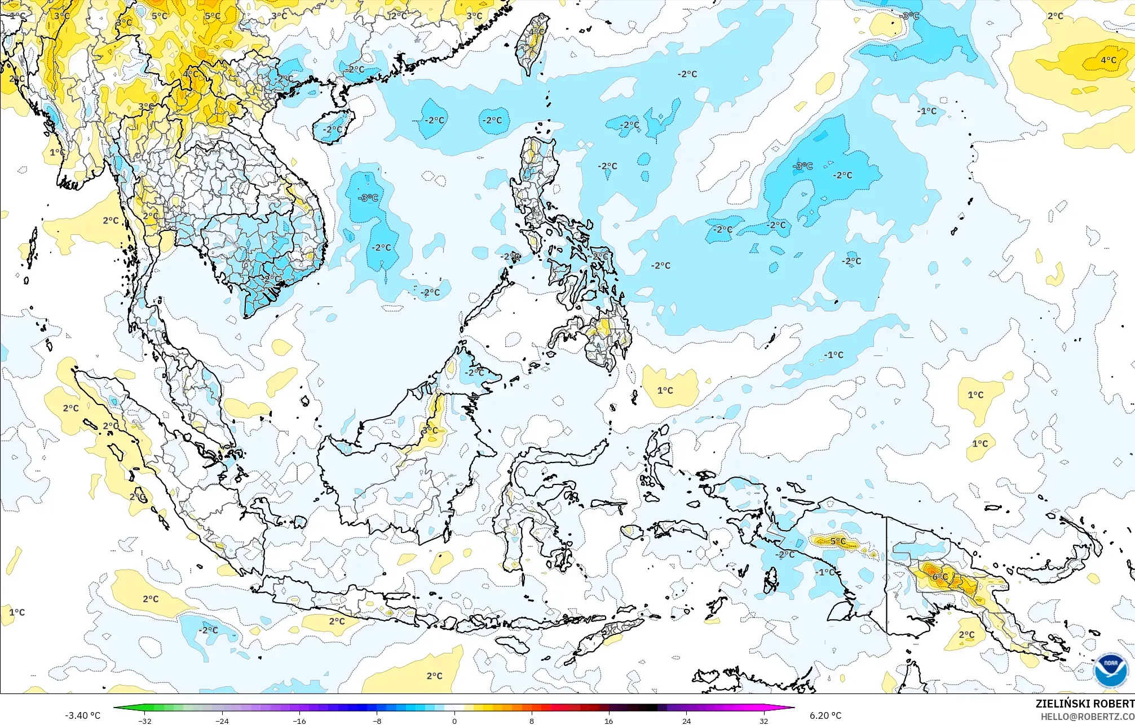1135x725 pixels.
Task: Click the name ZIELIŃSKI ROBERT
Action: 1084,704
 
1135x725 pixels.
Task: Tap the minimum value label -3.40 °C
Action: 82,715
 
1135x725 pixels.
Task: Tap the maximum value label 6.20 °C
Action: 825,715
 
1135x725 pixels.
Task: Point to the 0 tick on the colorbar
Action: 454,720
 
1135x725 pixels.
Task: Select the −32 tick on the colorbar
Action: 145,720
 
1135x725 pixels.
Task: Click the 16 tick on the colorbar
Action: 609,720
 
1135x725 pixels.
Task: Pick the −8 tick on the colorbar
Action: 377,720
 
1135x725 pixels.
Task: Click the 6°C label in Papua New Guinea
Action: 940,577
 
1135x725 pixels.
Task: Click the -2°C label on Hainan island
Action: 332,130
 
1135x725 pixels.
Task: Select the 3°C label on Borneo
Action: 430,430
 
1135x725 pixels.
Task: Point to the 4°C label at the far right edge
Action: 1108,60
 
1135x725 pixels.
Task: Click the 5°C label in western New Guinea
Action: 838,541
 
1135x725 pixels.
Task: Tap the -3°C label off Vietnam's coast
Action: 368,198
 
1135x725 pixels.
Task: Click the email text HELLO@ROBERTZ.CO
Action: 1087,716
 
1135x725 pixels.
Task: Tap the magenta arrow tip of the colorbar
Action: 792,708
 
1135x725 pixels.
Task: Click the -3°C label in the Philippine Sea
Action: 803,166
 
